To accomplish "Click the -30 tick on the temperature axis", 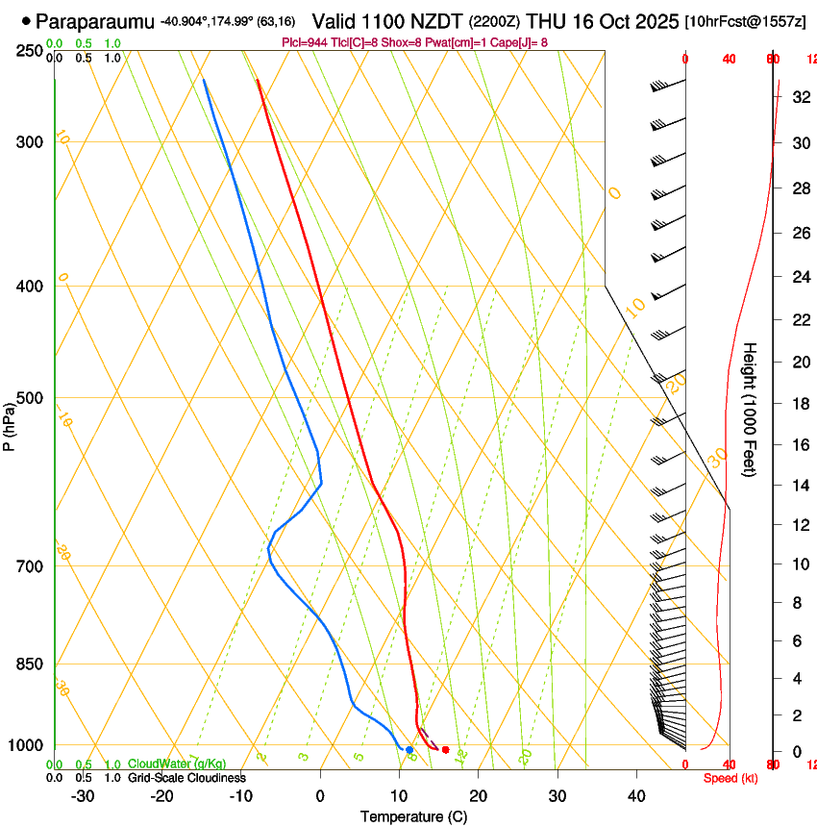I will pyautogui.click(x=83, y=795).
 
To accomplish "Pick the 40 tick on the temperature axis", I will pyautogui.click(x=636, y=795).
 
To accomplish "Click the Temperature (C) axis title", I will pyautogui.click(x=413, y=816).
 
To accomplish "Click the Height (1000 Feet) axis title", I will pyautogui.click(x=751, y=409).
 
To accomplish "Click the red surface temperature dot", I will pyautogui.click(x=445, y=749).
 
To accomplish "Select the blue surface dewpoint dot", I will pyautogui.click(x=409, y=749).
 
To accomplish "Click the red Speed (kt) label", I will pyautogui.click(x=730, y=778).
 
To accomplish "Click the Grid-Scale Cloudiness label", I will pyautogui.click(x=186, y=777).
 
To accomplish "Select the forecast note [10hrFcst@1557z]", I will pyautogui.click(x=746, y=21).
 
